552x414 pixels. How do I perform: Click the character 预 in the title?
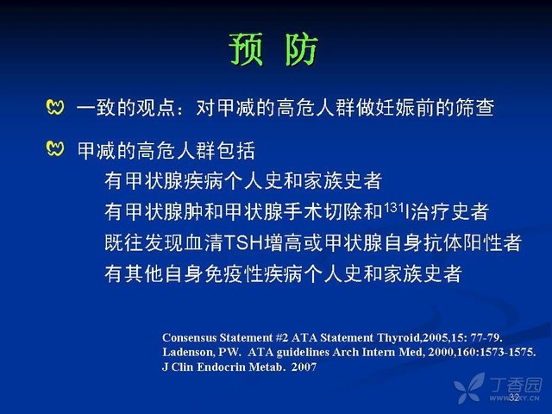tap(246, 49)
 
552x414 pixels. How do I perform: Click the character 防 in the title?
tap(301, 49)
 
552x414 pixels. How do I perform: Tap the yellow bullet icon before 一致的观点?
tap(55, 107)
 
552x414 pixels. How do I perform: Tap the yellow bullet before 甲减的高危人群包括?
tap(55, 148)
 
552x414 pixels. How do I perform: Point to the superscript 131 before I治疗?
tap(393, 207)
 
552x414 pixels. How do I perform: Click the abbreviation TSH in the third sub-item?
tap(243, 242)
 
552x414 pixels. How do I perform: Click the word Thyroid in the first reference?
tap(398, 338)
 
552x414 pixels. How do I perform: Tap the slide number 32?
tap(514, 398)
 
